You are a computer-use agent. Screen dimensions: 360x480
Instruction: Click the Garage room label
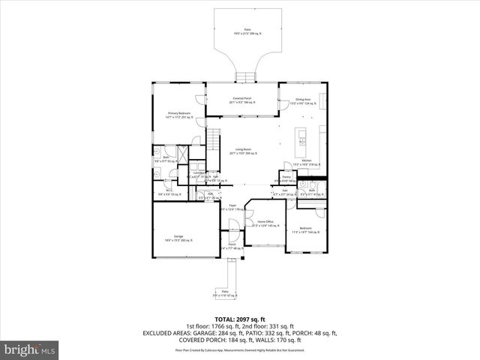tap(178, 238)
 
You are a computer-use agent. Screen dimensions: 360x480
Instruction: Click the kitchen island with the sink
tap(302, 136)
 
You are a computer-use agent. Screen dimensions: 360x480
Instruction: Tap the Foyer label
tap(233, 206)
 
